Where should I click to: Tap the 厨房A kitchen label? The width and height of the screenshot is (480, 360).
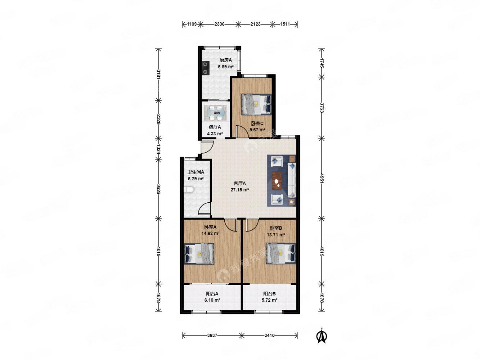(225, 60)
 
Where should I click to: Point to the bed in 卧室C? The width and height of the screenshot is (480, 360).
(256, 104)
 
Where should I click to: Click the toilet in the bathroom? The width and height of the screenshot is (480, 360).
(188, 189)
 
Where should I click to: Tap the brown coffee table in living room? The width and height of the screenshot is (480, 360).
(277, 181)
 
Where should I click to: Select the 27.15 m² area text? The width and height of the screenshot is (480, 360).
(240, 190)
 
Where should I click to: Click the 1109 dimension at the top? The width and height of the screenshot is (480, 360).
(192, 24)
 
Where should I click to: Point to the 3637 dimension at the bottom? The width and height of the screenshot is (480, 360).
(212, 335)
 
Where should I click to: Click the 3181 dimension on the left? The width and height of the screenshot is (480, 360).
(158, 75)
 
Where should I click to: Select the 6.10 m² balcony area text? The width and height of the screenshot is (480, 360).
(212, 300)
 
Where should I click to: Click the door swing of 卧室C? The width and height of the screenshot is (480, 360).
(242, 131)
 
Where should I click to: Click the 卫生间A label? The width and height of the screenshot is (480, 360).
(196, 172)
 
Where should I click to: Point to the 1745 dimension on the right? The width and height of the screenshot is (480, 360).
(322, 63)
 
